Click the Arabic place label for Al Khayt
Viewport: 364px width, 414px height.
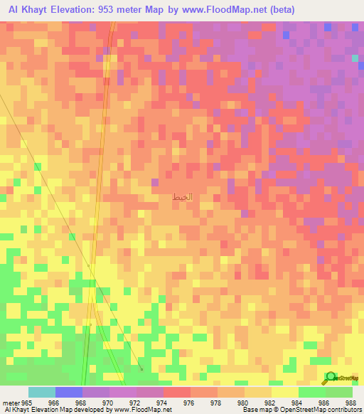coord(183,196)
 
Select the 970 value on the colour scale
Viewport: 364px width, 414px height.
coord(107,403)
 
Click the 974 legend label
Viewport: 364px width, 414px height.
coord(161,403)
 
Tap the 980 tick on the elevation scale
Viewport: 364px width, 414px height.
coord(243,403)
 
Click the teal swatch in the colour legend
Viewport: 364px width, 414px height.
coord(42,392)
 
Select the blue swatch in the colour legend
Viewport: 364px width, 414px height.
coord(69,392)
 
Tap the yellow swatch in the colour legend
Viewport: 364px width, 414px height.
coord(284,392)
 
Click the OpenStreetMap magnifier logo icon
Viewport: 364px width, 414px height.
coord(329,378)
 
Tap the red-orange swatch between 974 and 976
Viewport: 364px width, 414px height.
coord(177,392)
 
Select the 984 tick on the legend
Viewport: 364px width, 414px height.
coord(297,403)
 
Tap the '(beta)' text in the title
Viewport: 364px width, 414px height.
coord(281,9)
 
